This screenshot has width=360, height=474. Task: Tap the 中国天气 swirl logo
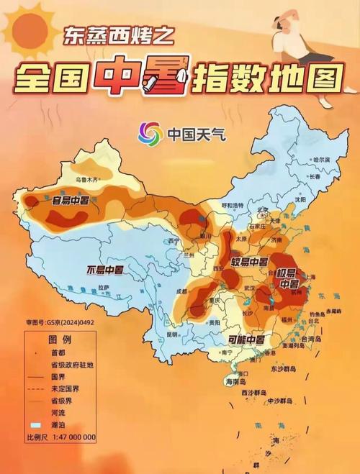150,132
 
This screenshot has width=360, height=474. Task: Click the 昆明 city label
171,334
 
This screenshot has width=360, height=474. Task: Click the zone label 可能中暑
246,339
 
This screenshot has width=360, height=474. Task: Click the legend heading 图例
60,339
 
